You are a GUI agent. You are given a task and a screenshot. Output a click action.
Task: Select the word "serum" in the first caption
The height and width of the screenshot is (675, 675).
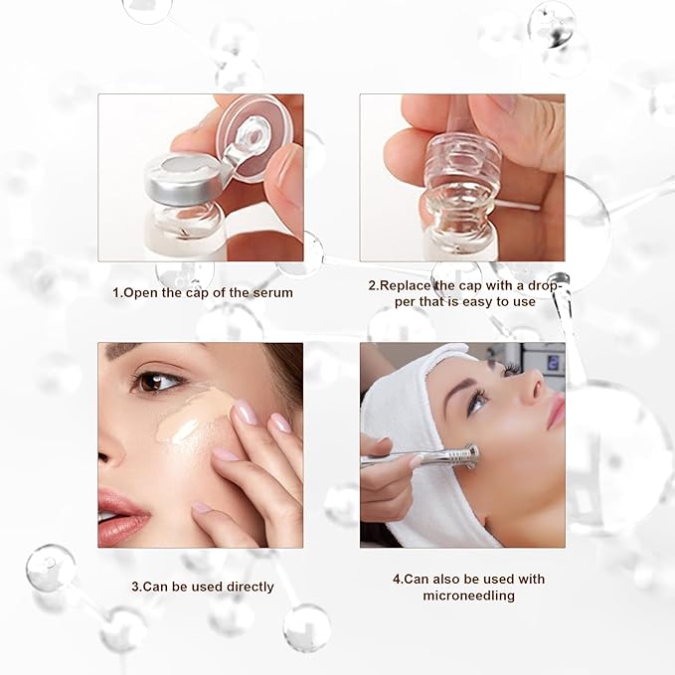[x=273, y=292]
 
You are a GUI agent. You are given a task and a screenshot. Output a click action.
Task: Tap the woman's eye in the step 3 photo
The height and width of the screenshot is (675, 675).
[x=158, y=380]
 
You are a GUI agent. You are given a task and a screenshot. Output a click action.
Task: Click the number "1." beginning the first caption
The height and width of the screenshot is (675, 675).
[x=116, y=292]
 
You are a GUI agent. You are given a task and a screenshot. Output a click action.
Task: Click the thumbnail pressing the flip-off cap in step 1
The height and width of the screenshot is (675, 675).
[x=287, y=179]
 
